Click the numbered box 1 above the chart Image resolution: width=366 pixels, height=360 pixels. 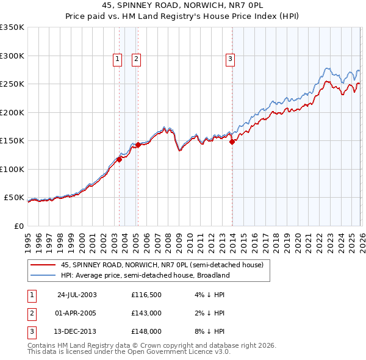click(117, 59)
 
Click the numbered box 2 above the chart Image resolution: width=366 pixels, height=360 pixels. click(135, 59)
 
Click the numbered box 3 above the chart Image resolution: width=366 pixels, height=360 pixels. click(230, 59)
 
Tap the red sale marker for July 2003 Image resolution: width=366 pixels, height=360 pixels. click(120, 159)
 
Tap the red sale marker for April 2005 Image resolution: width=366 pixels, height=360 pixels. click(138, 145)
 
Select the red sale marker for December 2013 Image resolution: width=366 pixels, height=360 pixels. click(232, 142)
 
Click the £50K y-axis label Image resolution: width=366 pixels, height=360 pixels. click(14, 198)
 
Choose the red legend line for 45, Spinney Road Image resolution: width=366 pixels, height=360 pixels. click(43, 265)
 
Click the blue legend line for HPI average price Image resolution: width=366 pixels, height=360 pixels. click(43, 275)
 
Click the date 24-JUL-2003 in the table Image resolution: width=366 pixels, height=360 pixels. click(77, 294)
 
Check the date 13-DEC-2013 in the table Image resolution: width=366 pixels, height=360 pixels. click(77, 332)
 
